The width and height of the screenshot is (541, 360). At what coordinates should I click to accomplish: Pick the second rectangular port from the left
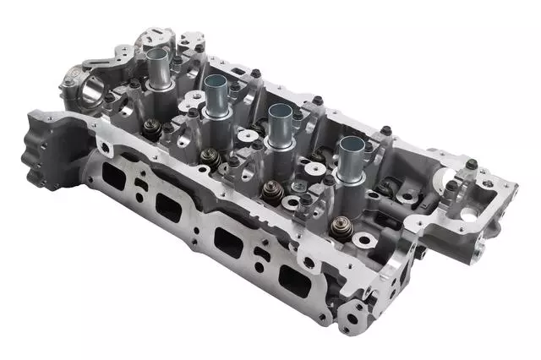168,205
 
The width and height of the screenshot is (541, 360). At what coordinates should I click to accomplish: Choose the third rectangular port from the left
229,241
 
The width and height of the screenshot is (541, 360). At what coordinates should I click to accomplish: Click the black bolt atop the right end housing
452,185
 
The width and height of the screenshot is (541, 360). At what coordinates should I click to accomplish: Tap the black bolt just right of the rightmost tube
385,130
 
